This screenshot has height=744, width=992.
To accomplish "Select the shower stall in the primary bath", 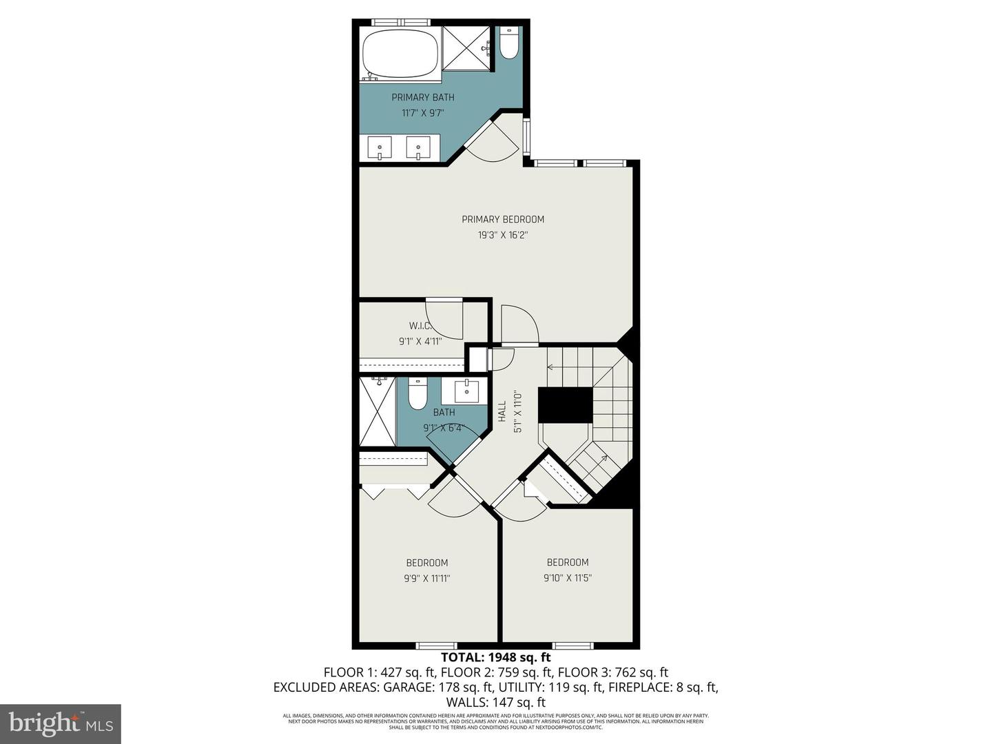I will [x=466, y=48].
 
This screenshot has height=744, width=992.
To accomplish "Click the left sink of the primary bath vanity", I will [x=380, y=147].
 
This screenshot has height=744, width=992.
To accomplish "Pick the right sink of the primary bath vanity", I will [x=418, y=147].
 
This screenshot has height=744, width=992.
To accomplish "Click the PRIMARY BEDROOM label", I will [x=503, y=219].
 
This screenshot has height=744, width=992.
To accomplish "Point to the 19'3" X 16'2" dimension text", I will [x=503, y=235].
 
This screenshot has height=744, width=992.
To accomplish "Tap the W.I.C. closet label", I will [x=420, y=325].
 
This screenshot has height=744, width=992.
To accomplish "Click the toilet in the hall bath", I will [x=417, y=393].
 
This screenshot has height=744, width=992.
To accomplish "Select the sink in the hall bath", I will [x=467, y=391].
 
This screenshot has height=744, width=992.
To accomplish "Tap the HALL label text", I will [x=502, y=412].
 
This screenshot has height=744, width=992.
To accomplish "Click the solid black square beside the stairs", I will [x=565, y=404].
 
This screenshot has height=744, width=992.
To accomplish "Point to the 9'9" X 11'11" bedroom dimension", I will [x=427, y=579].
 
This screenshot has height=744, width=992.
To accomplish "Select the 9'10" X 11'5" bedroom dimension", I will [x=568, y=578].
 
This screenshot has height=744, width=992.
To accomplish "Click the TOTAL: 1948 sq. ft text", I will [x=496, y=657].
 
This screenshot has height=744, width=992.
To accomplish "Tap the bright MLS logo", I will [x=61, y=723].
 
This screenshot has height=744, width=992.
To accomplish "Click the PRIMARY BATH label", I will [x=423, y=97].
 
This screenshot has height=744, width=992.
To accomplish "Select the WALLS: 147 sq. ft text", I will [x=496, y=703].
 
